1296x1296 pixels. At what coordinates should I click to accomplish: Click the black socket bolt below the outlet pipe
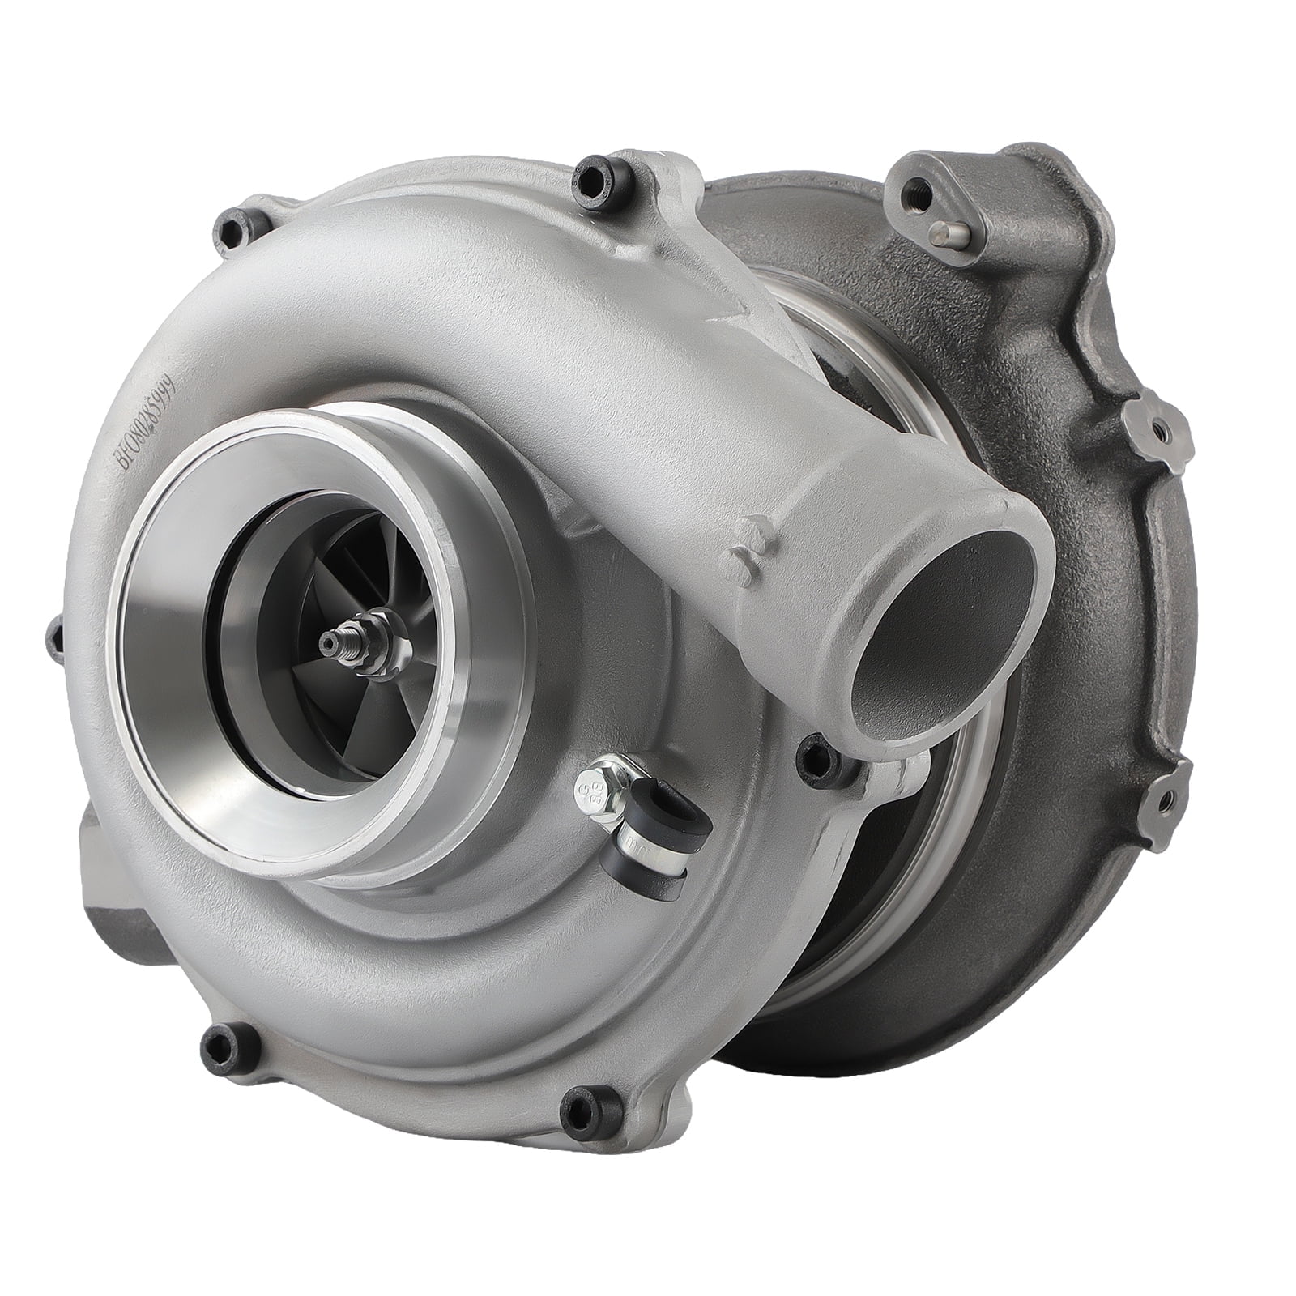pos(813,755)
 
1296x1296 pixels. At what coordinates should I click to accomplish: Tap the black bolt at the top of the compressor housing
pos(588,177)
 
